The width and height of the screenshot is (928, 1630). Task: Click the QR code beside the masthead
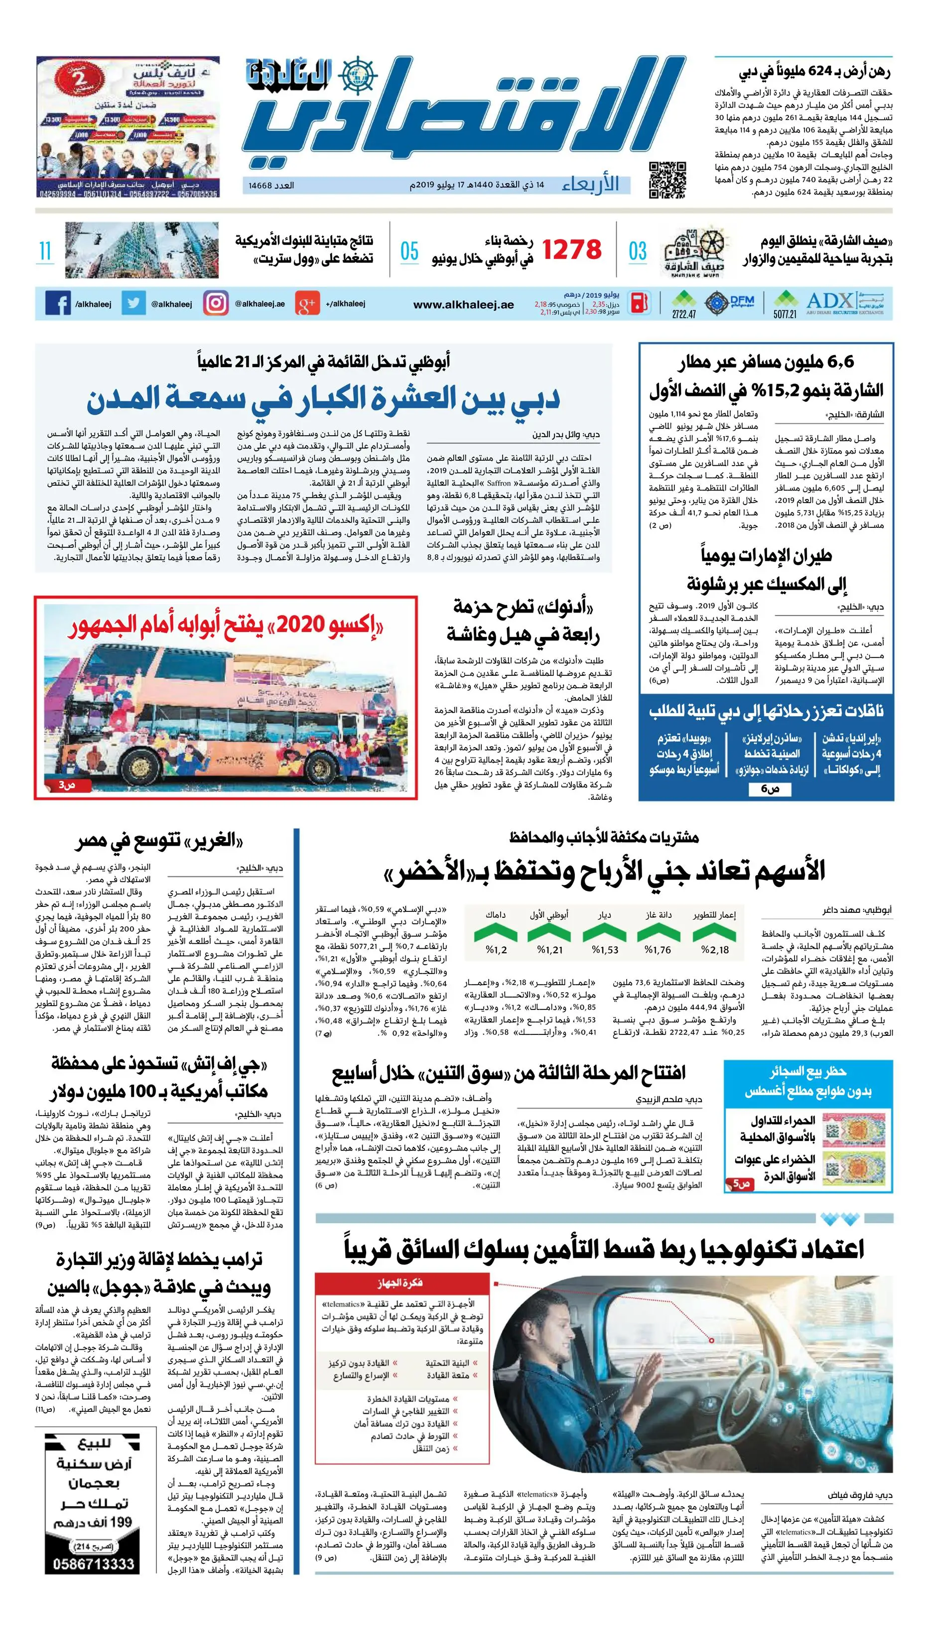point(667,180)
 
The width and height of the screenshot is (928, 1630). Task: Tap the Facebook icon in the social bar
point(58,304)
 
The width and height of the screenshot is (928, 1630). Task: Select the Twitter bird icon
point(133,303)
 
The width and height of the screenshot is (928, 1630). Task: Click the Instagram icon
point(215,303)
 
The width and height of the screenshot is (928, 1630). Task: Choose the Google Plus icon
point(306,304)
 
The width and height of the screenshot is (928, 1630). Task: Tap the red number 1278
point(572,251)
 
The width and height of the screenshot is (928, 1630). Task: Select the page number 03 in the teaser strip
point(638,251)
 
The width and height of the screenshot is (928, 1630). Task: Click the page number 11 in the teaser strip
point(45,251)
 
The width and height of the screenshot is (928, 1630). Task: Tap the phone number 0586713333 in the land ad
point(94,1564)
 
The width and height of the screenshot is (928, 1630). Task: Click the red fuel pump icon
point(639,303)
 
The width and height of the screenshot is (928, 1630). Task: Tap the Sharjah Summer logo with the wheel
point(691,251)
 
